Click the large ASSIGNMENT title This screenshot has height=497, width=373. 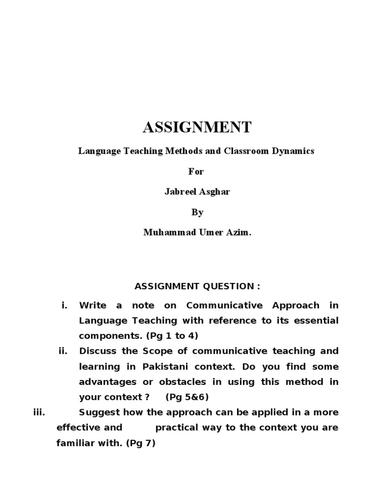point(197,128)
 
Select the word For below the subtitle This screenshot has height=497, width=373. point(197,171)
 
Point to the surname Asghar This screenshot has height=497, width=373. point(213,192)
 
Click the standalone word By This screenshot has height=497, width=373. point(197,212)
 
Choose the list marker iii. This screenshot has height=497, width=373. point(39,413)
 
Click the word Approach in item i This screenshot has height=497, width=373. point(296,305)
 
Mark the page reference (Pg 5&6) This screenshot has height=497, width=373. point(187,397)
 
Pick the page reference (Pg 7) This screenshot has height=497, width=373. point(140,443)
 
